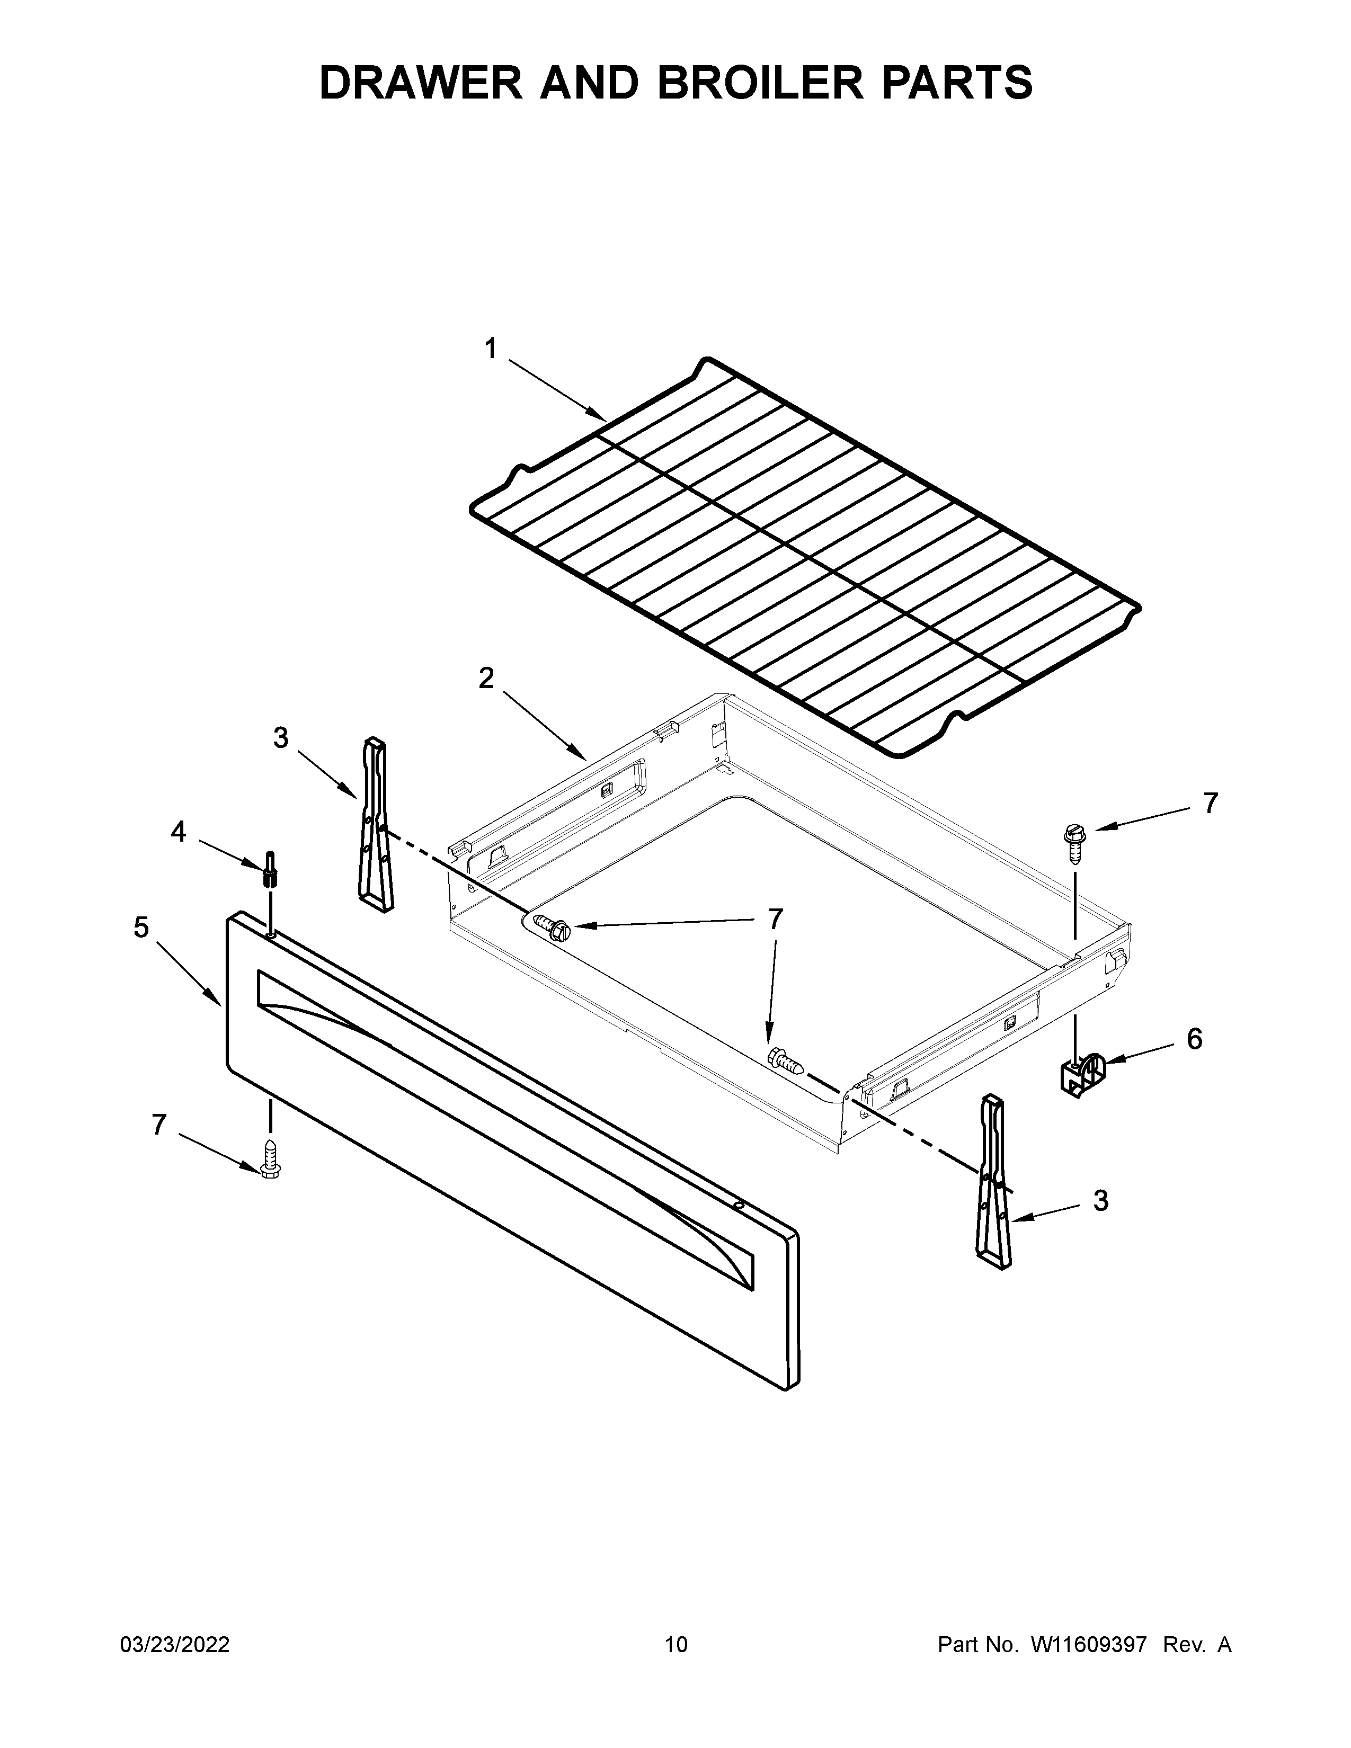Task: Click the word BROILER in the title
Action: pos(760,83)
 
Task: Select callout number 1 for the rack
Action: pos(491,349)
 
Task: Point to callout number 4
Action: pos(177,832)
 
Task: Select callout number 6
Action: pos(1193,1039)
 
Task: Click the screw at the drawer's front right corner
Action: pos(784,1062)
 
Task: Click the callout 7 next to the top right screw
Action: pos(1210,803)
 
